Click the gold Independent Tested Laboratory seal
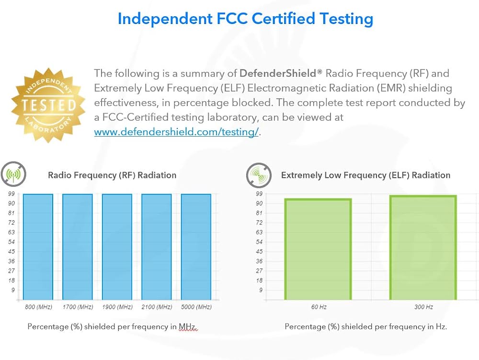48,105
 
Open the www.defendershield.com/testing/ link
176,132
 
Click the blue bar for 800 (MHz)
38,246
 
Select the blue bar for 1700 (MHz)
78,246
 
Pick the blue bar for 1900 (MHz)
117,246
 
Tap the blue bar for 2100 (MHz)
157,246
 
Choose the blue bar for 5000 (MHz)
196,246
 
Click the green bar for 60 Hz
318,249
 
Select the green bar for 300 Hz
423,247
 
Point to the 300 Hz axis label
423,307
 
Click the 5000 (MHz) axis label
196,307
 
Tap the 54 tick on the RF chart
11,242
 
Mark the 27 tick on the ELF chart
259,271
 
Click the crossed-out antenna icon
13,174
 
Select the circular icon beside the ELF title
259,175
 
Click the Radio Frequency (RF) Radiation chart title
112,175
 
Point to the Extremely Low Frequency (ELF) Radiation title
365,175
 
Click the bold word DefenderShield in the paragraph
278,73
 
